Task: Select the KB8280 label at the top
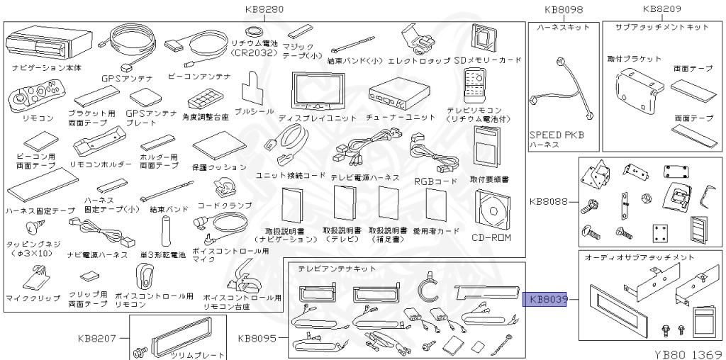[264, 9]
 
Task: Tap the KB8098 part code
[564, 9]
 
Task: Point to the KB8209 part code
[661, 9]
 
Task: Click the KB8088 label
[548, 201]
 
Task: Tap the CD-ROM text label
[491, 237]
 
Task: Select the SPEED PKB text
[557, 135]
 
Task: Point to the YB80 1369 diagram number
[688, 352]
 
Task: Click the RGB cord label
[435, 180]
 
